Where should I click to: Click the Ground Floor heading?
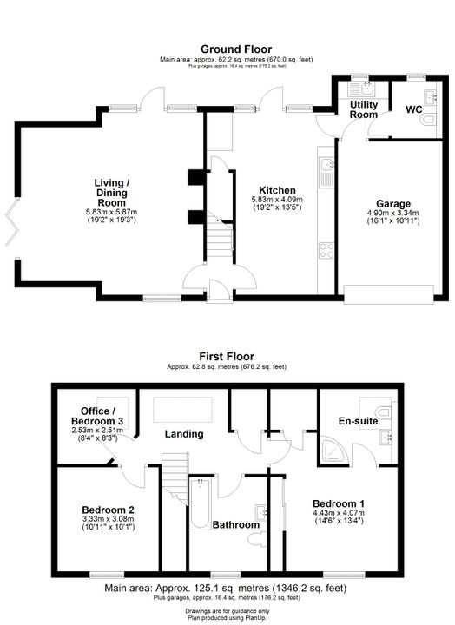coord(236,49)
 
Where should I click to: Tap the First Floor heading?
coord(227,357)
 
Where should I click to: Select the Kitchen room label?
coord(277,190)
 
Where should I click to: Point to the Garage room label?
coord(393,204)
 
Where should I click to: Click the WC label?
coord(414,109)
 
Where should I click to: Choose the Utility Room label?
coord(364,109)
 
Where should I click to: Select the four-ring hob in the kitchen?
coord(326,251)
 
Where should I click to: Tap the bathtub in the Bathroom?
coord(200,503)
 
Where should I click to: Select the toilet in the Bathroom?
coord(257,541)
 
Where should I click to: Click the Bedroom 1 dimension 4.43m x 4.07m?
coord(339,513)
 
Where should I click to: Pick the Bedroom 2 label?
coord(108,510)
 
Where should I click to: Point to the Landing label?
coord(184,434)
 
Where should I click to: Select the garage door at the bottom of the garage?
coord(389,294)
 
